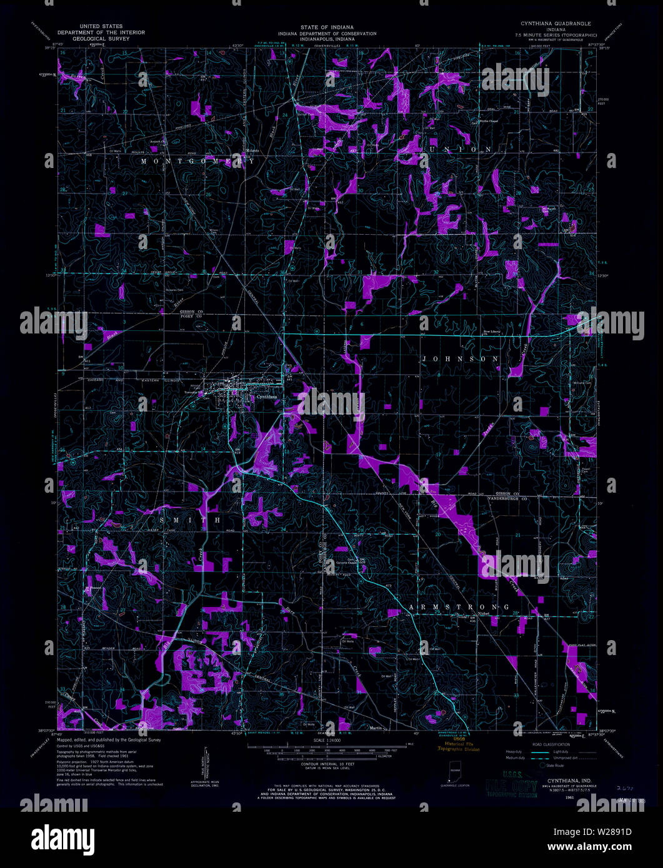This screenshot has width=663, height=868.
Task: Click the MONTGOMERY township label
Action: pos(197,161)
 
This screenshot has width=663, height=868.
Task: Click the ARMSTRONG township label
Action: pos(459,607)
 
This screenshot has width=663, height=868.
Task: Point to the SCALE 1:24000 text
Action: pos(331,741)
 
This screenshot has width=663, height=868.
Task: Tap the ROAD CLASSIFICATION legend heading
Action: pos(550,745)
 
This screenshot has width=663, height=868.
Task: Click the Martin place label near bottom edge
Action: pos(376,726)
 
